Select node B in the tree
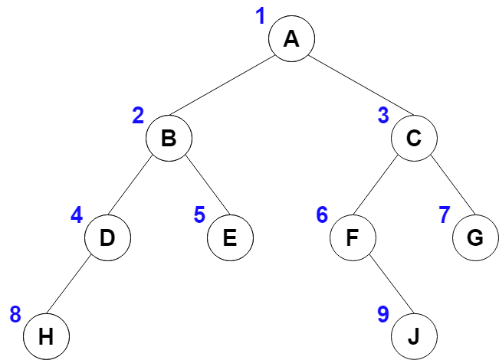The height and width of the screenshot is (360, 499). point(169,139)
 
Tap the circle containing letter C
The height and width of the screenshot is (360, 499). point(414,139)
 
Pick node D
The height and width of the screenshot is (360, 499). point(107,237)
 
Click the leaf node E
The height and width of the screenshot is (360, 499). point(230,237)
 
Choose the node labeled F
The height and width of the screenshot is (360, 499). point(353,237)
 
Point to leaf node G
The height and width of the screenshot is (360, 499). point(475,237)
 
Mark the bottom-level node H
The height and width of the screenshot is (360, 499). point(46,336)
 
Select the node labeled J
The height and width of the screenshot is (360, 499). point(414,336)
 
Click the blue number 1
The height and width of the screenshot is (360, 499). point(261,16)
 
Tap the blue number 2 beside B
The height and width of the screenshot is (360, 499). point(138,116)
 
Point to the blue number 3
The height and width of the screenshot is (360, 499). point(383,116)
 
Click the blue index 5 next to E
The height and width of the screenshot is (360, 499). point(199,214)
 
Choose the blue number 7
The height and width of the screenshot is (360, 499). point(445,214)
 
